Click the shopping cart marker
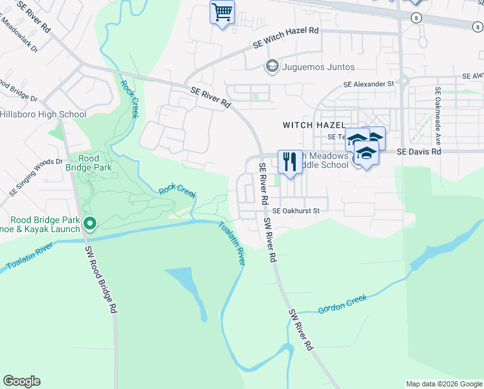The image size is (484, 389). coord(222,12)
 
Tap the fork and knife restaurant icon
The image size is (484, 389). coord(290,161)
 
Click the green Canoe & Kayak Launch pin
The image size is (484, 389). coord(90,224)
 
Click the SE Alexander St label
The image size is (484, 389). coord(368,84)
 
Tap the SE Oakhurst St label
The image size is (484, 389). coord(296,211)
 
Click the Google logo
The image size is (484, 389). coord(21,381)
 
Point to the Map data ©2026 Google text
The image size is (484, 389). coord(443,384)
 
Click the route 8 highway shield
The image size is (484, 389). coord(415,18)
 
